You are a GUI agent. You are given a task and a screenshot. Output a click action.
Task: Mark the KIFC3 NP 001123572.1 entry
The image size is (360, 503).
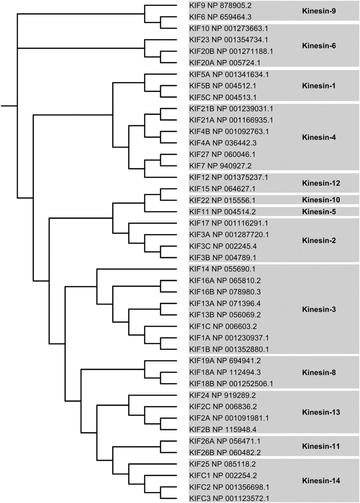(x=232, y=497)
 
